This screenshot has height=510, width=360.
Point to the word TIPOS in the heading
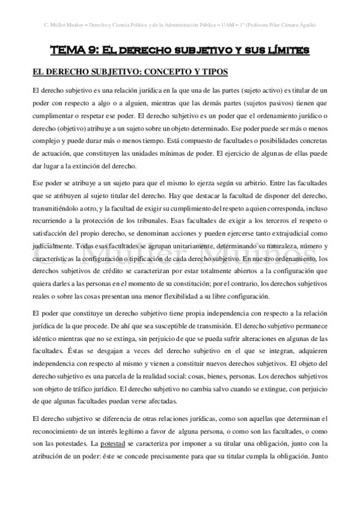pos(213,72)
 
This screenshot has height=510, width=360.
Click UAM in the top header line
pos(227,25)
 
